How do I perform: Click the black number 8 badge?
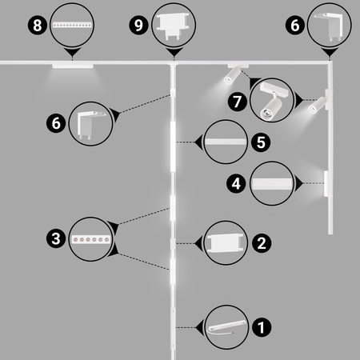click(x=38, y=26)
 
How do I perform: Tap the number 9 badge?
click(x=138, y=26)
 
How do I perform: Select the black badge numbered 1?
click(x=262, y=327)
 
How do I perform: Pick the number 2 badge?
click(x=262, y=243)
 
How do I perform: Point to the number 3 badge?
click(x=56, y=238)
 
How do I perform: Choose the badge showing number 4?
click(x=236, y=183)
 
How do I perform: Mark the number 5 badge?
click(x=261, y=142)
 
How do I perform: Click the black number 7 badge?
click(x=238, y=102)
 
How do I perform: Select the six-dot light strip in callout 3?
click(x=91, y=239)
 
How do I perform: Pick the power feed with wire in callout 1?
click(x=226, y=327)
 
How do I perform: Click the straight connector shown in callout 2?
click(x=226, y=243)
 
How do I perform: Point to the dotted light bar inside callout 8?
click(x=72, y=26)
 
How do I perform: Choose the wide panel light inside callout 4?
click(x=272, y=183)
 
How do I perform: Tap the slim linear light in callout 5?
click(x=226, y=142)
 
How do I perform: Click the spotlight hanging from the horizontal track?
click(x=233, y=75)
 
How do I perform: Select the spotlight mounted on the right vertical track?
click(x=318, y=105)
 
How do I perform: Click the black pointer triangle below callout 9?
click(x=174, y=53)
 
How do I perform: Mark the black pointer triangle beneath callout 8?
click(x=72, y=53)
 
